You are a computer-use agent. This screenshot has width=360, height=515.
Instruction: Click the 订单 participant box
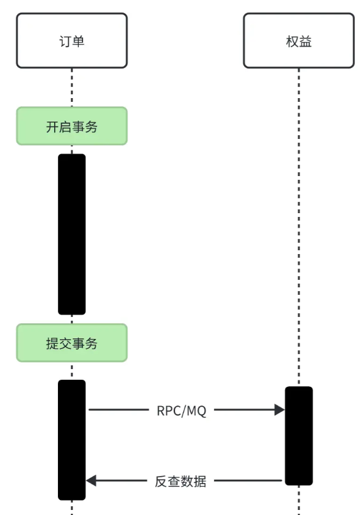point(72,40)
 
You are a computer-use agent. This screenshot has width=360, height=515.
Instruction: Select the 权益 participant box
point(298,40)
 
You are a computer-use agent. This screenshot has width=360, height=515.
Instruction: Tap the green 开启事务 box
point(72,126)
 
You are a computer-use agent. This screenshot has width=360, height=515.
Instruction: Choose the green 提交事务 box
point(72,343)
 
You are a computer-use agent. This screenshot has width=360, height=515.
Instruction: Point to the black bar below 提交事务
point(72,440)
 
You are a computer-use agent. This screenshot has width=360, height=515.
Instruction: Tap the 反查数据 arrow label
point(181,481)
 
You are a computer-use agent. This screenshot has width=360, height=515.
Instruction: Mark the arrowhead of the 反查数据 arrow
point(91,481)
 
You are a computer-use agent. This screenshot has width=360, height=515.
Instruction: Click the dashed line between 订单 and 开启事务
point(72,87)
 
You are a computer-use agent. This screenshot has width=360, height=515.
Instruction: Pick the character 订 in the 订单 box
point(65,41)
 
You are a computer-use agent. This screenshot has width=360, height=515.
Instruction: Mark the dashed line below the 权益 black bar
point(298,500)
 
